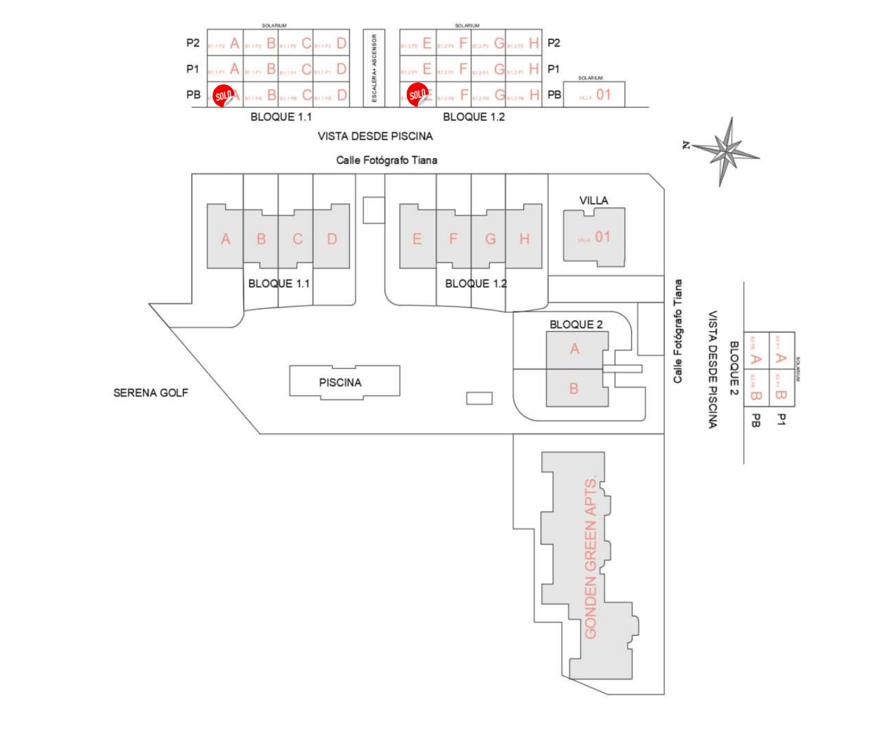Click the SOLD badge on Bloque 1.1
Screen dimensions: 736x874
(223, 96)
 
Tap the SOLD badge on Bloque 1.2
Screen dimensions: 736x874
(418, 95)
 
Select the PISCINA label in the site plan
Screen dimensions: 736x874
(340, 382)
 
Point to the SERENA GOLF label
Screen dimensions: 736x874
(151, 393)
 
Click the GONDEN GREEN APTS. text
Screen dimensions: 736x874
(591, 557)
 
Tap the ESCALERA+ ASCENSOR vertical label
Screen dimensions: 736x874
(374, 68)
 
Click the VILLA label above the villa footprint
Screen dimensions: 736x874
(594, 200)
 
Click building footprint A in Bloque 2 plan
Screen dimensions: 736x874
(575, 349)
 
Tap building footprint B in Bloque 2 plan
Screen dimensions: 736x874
(574, 388)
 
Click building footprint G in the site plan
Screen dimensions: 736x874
(490, 239)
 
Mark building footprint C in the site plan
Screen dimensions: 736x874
(297, 239)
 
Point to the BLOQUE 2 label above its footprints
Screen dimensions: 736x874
(576, 324)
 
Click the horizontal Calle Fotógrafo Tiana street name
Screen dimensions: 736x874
(386, 160)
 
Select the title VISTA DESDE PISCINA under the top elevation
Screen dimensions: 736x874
(375, 136)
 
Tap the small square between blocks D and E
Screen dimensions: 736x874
(373, 210)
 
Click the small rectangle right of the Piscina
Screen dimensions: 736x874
(479, 398)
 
